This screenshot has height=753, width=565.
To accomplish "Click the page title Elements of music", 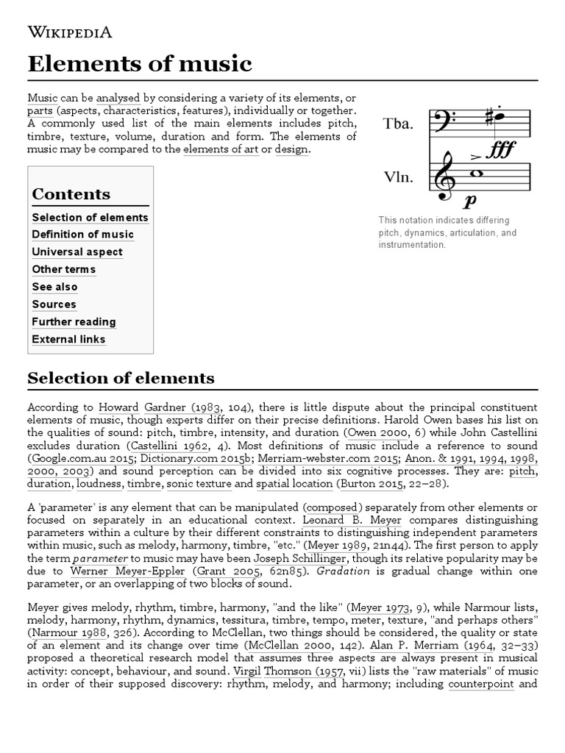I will [139, 64].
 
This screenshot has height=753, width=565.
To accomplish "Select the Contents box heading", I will [71, 194].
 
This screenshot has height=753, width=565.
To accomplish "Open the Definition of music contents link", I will [82, 235].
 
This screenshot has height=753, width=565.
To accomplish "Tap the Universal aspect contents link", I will [77, 252].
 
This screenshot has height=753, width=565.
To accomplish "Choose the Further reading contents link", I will [74, 322].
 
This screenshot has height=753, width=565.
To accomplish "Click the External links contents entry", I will [68, 340].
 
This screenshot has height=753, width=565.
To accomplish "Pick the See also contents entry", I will [54, 287].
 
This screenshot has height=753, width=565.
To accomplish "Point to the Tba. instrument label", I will [398, 124].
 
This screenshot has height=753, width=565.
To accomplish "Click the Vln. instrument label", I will [398, 177].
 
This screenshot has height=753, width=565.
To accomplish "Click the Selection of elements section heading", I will [121, 379].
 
